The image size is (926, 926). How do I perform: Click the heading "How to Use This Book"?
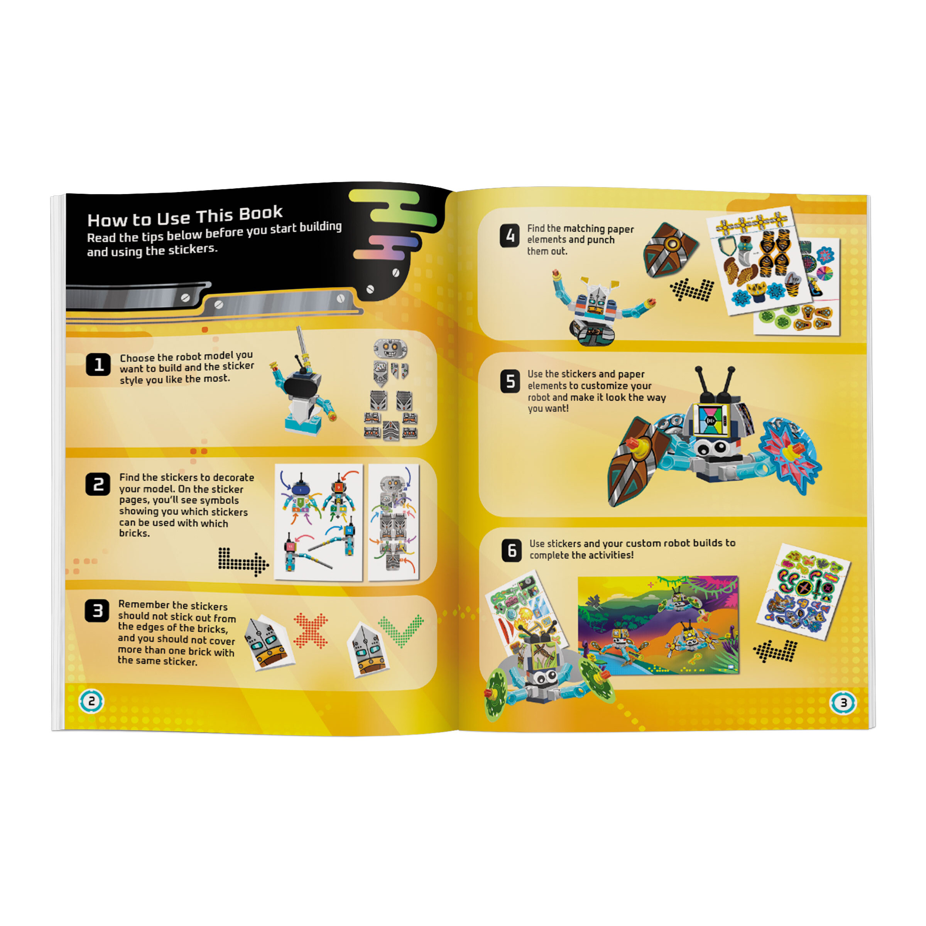tap(185, 216)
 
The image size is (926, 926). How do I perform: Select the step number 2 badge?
tap(98, 484)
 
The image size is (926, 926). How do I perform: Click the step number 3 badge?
tap(97, 611)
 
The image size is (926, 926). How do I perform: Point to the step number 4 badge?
tap(509, 236)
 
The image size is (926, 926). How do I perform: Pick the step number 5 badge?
tap(510, 382)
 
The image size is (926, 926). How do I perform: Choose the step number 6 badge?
tap(511, 550)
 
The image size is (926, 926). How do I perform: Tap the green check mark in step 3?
tap(401, 630)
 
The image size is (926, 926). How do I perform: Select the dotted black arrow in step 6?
tap(775, 651)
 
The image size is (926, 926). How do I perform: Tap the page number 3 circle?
tap(843, 703)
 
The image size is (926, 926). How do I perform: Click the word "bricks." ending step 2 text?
tap(134, 534)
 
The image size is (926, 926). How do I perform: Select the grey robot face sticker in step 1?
tap(390, 348)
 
